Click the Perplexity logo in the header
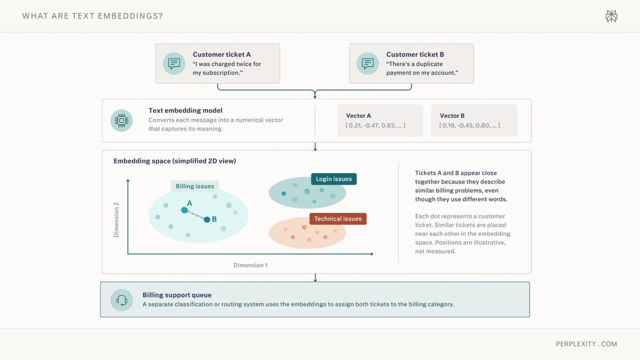tap(611, 16)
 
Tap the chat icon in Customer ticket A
tap(174, 63)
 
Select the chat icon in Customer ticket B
tap(368, 63)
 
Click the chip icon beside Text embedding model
tap(122, 121)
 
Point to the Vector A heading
tap(359, 116)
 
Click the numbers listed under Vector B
tap(470, 125)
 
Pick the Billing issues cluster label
tap(195, 186)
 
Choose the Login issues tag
tap(334, 179)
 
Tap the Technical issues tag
tap(338, 219)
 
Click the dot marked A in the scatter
tap(184, 210)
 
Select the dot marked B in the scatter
tap(207, 219)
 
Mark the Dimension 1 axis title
tap(251, 265)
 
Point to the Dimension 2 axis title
tap(116, 219)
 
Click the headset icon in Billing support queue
tap(122, 300)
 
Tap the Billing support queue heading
tap(177, 295)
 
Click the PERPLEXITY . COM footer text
tap(587, 344)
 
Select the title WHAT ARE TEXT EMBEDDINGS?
tap(93, 16)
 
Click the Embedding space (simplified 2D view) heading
tap(175, 161)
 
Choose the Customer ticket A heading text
tap(222, 55)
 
